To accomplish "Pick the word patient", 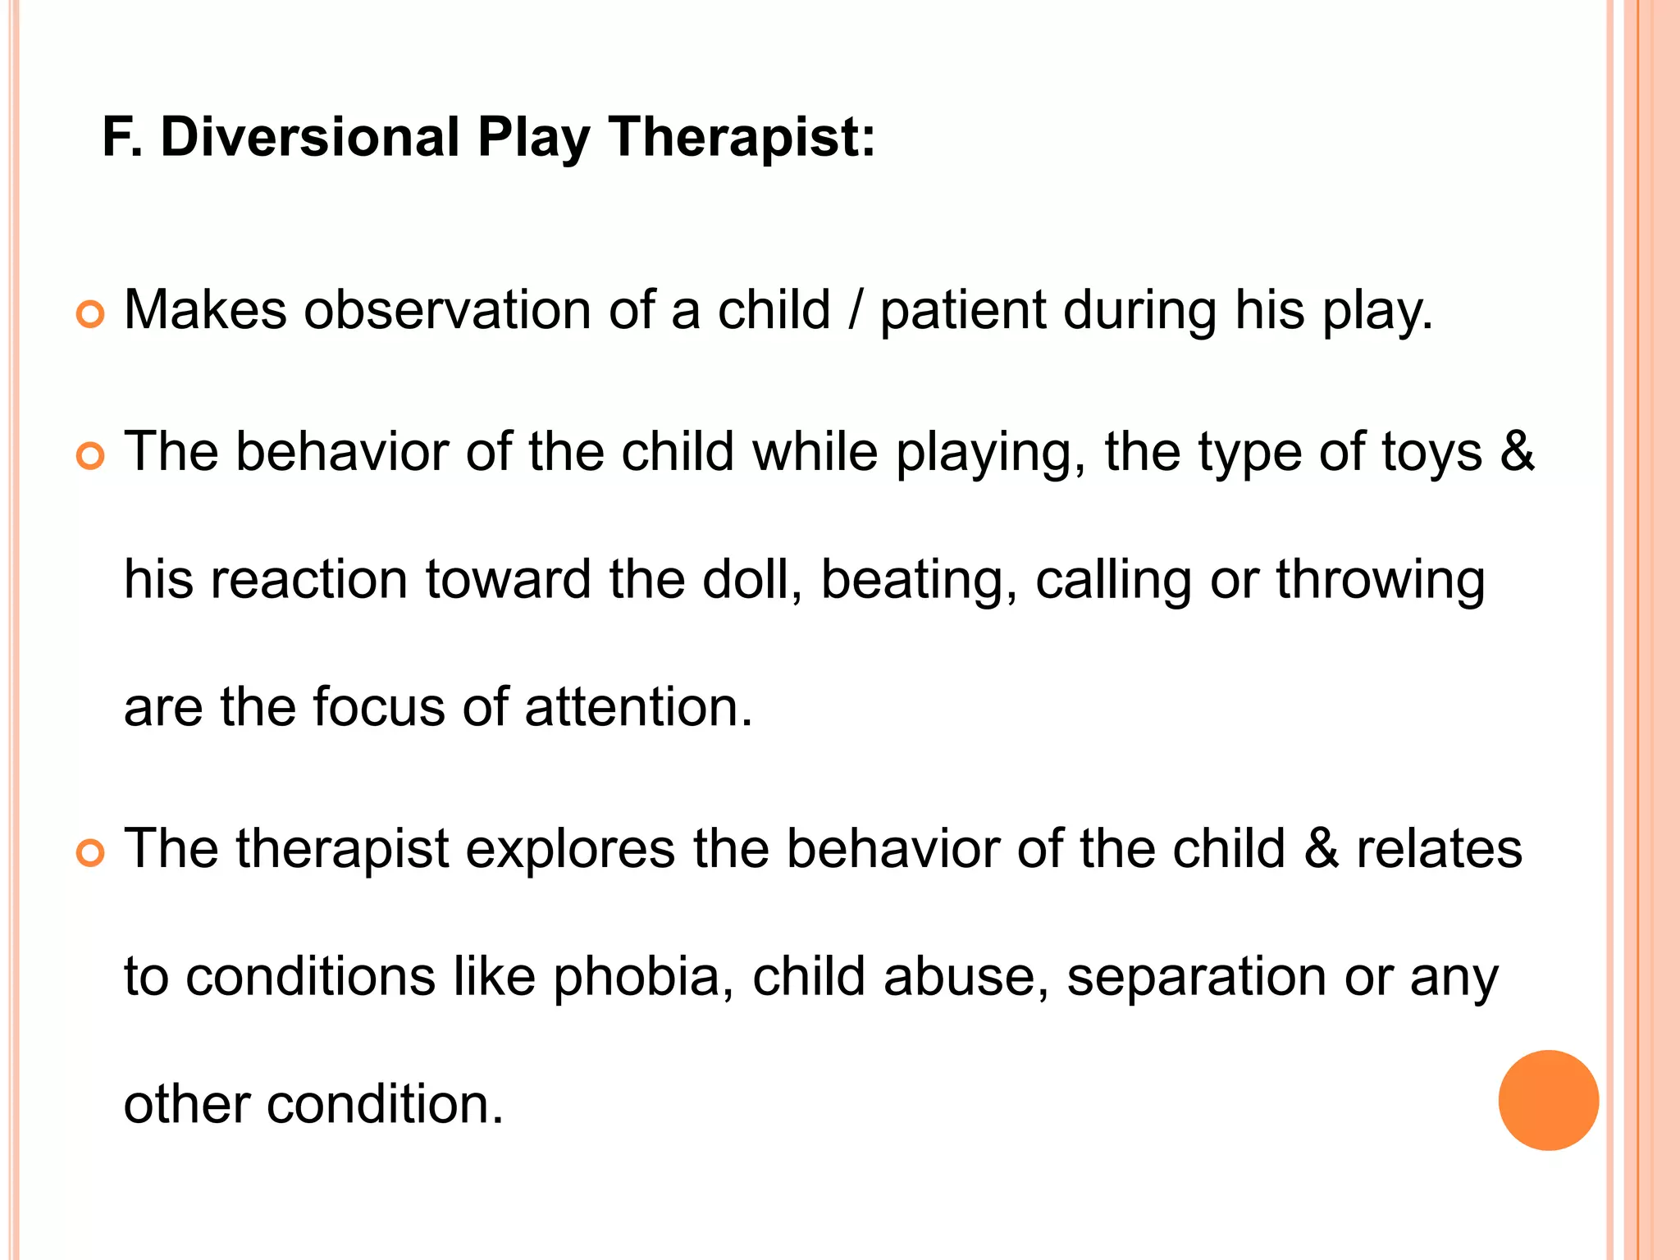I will pyautogui.click(x=963, y=312).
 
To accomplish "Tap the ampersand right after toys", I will pyautogui.click(x=1518, y=452).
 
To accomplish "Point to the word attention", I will pyautogui.click(x=637, y=706).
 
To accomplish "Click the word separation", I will pyautogui.click(x=1196, y=979).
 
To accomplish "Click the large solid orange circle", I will pyautogui.click(x=1548, y=1100).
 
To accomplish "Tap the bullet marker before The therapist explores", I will pyautogui.click(x=90, y=853).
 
